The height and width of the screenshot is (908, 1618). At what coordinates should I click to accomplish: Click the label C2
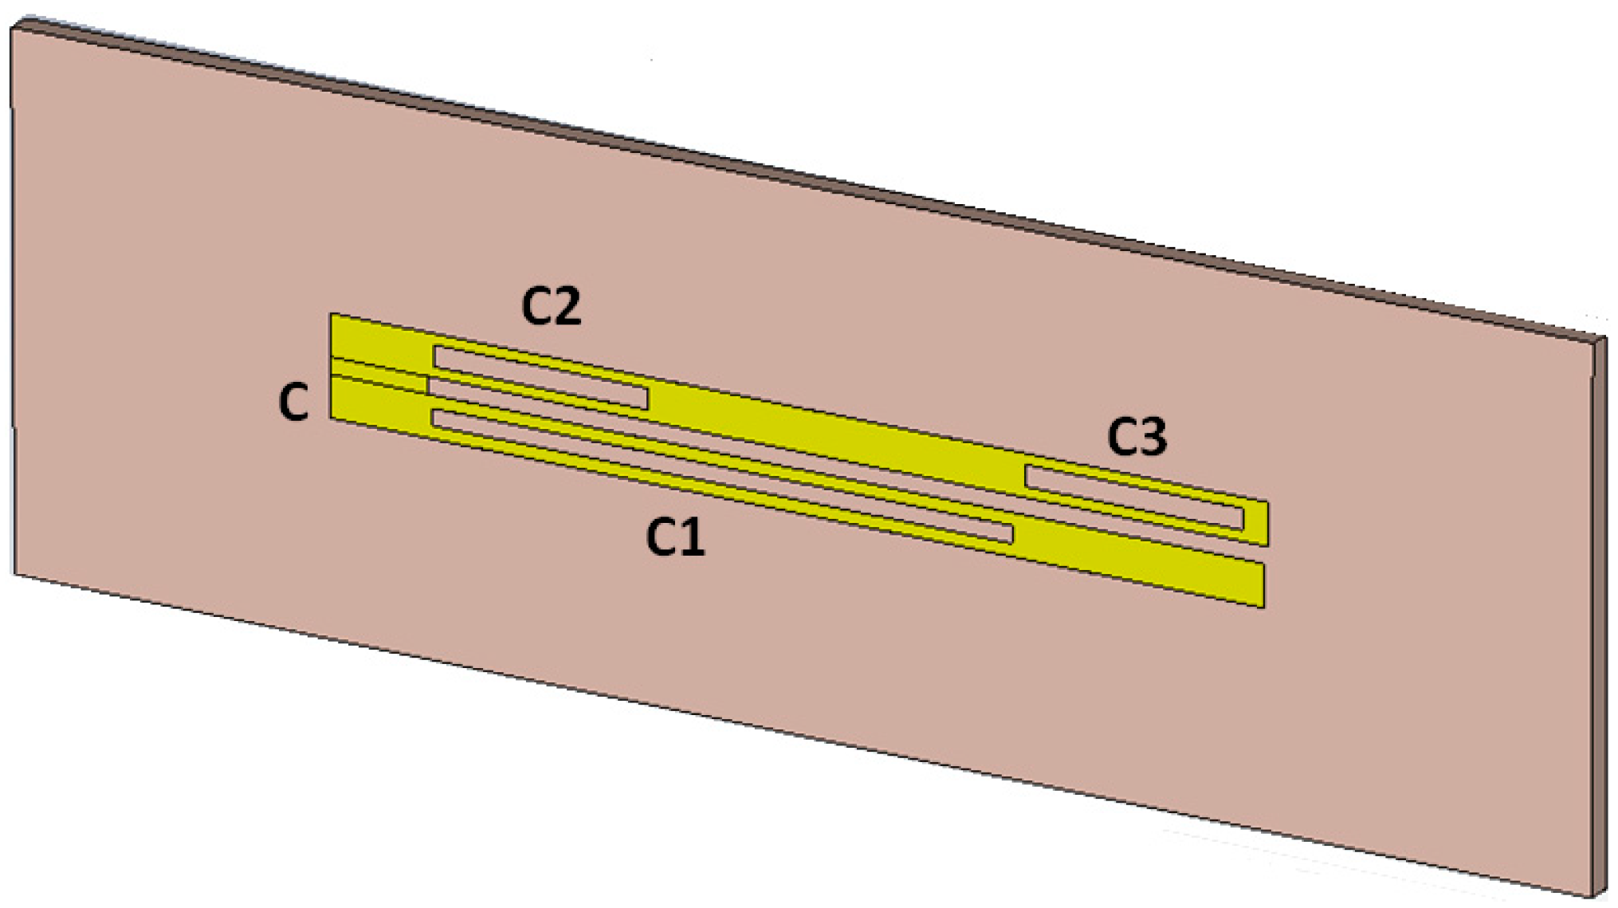click(552, 307)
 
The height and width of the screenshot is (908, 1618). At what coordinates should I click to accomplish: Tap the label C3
click(1137, 438)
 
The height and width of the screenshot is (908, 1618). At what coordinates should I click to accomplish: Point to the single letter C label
click(293, 403)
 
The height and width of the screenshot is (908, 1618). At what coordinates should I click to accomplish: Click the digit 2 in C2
click(567, 308)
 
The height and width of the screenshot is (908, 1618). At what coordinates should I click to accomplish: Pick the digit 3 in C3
click(1153, 438)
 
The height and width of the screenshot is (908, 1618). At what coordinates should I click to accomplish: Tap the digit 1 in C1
click(692, 537)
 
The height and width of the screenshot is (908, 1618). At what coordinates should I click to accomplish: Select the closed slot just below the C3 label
click(1133, 497)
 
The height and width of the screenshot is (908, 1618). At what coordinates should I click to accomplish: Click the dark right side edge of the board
click(1599, 622)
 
